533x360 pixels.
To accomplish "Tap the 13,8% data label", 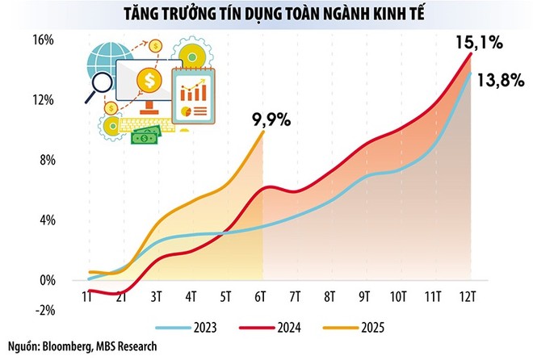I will [x=503, y=80].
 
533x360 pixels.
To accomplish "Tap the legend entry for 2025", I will [x=368, y=329].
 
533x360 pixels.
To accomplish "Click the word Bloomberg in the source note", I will [x=78, y=346].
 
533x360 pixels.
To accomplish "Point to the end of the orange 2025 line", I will [x=264, y=131].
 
